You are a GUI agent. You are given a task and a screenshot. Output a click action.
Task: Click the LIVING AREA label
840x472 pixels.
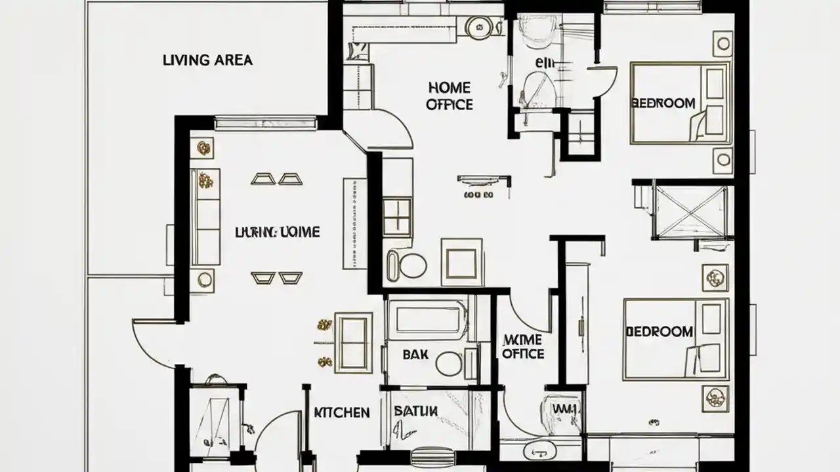click(x=207, y=60)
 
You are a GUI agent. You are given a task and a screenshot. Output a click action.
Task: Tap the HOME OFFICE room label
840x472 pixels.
click(x=450, y=96)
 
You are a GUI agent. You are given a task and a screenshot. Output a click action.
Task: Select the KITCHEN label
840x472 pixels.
click(x=341, y=412)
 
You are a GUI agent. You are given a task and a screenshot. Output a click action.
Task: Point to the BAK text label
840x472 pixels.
click(x=415, y=354)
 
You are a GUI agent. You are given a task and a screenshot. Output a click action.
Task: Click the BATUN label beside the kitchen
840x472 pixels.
click(x=415, y=412)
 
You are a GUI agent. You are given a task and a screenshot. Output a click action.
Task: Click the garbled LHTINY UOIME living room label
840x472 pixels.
click(x=278, y=232)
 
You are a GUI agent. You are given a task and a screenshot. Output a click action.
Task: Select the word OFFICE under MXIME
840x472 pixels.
click(x=523, y=354)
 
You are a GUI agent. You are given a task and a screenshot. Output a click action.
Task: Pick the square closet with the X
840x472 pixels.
click(x=692, y=210)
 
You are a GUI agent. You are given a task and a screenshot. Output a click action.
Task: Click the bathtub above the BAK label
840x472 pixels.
click(x=427, y=319)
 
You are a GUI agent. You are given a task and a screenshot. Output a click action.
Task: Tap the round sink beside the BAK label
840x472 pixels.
click(x=450, y=363)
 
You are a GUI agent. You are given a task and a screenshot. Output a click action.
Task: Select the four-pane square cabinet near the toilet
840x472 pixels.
click(x=398, y=216)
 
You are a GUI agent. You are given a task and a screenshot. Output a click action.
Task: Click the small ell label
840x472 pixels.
click(x=545, y=64)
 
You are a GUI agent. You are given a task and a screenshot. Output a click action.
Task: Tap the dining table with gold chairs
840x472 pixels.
click(x=353, y=342)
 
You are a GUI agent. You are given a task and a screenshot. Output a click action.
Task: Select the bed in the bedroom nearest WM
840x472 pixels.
click(x=675, y=338)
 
